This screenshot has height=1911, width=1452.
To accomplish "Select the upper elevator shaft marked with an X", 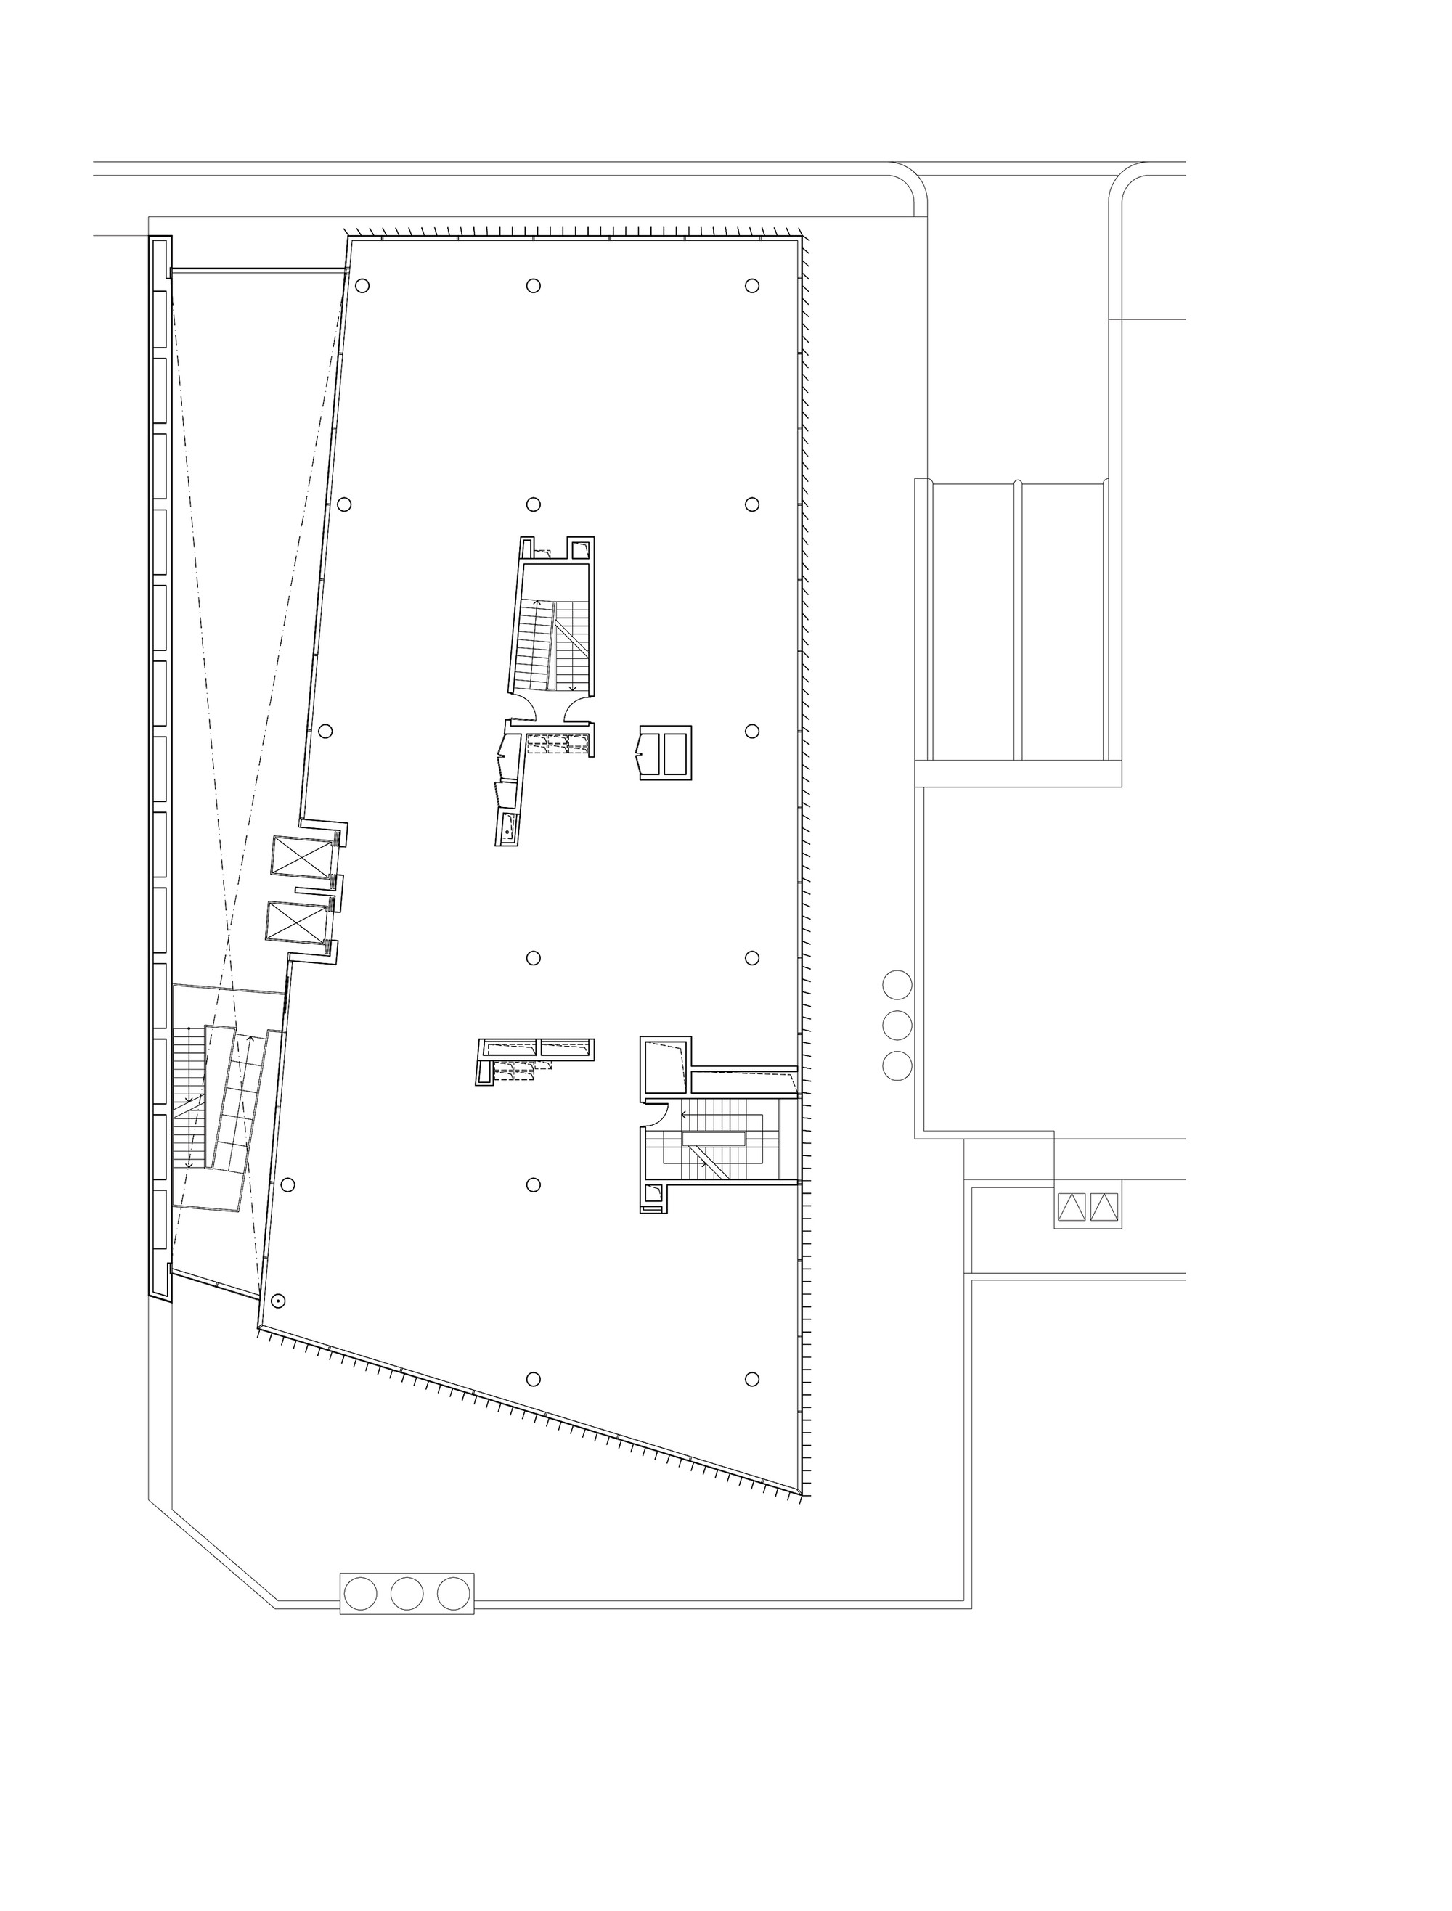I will (301, 858).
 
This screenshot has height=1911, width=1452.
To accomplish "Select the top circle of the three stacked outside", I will (897, 985).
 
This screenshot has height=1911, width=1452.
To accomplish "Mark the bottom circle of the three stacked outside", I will (897, 1066).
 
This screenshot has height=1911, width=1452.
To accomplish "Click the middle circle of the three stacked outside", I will (897, 1026).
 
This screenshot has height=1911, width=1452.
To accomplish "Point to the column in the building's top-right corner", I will (752, 286).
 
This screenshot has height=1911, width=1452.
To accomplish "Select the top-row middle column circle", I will (534, 286).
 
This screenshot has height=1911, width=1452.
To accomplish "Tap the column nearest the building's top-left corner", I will (362, 286).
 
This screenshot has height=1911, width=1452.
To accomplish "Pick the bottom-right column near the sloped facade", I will (752, 1380).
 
